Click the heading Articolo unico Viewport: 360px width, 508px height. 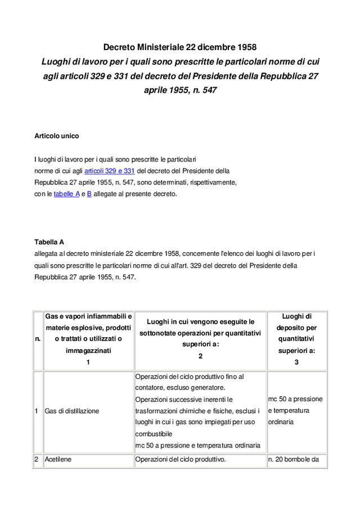[57, 136]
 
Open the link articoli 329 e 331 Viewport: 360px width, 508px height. [110, 170]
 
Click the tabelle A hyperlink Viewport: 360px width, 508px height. [66, 194]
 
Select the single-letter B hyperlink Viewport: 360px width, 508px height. [89, 194]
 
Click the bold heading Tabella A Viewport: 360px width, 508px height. [49, 242]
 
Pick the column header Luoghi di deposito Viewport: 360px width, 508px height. [296, 339]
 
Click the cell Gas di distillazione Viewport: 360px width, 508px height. [72, 411]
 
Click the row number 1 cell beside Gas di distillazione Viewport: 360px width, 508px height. [37, 411]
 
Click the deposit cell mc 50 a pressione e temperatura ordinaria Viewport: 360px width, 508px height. [295, 411]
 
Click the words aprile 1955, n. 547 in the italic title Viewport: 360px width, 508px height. [180, 90]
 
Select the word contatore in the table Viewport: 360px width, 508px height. [150, 388]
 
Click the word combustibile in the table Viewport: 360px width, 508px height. [154, 434]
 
